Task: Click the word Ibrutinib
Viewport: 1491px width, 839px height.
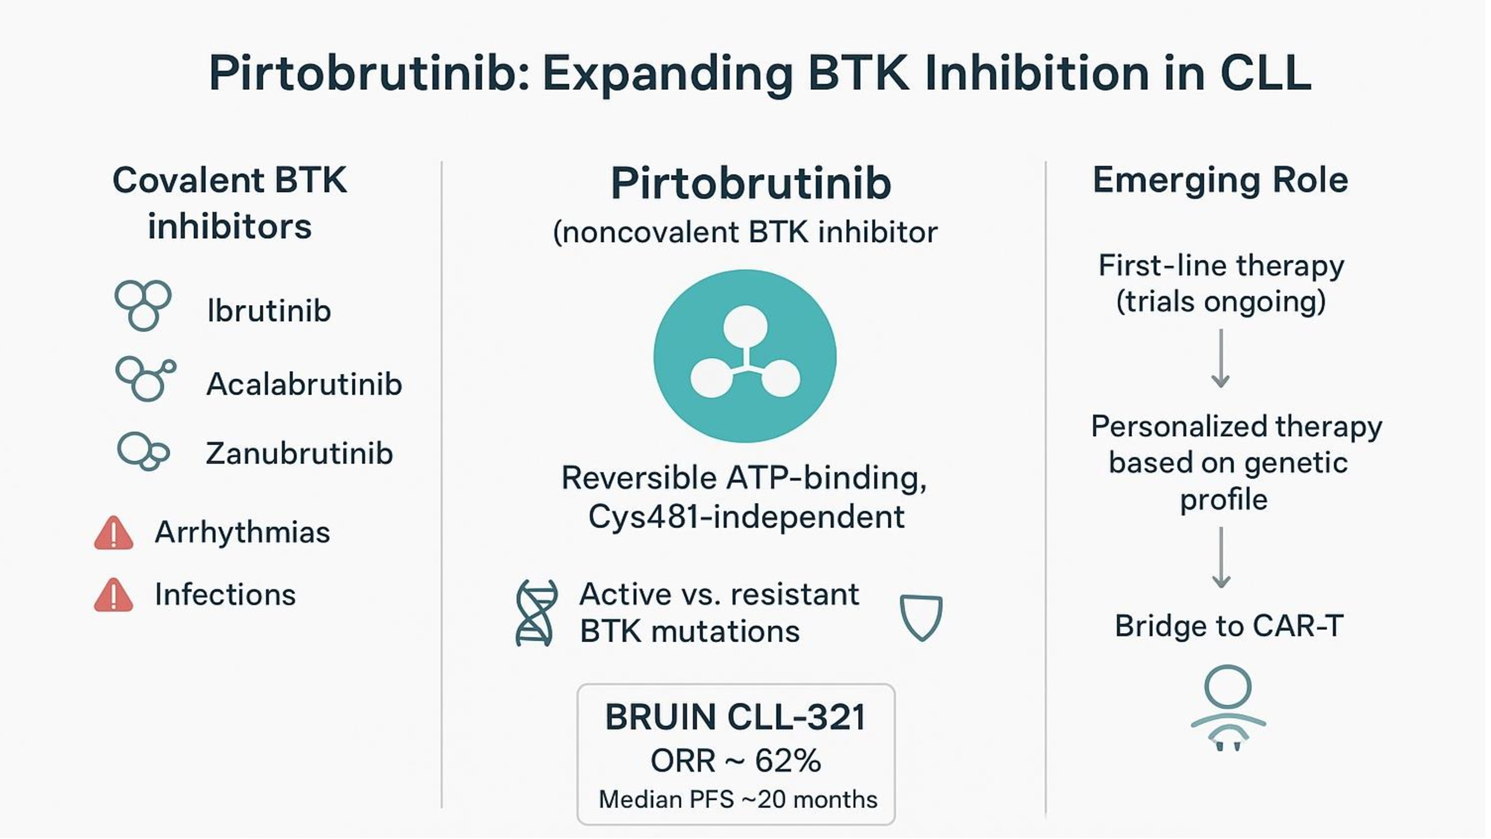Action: pyautogui.click(x=269, y=311)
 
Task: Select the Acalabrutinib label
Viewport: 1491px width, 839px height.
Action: pyautogui.click(x=304, y=384)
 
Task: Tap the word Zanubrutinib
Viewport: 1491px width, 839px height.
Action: pyautogui.click(x=299, y=453)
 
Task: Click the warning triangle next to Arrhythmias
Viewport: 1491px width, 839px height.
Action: pyautogui.click(x=113, y=533)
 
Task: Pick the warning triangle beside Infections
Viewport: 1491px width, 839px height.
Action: pyautogui.click(x=113, y=596)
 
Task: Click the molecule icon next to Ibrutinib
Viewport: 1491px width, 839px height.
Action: pyautogui.click(x=143, y=305)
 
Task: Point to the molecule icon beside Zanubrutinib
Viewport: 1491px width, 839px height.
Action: pyautogui.click(x=143, y=451)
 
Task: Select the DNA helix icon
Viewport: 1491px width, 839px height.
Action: pyautogui.click(x=536, y=612)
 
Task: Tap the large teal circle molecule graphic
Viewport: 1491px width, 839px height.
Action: pyautogui.click(x=745, y=356)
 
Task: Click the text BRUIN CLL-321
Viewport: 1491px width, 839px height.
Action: pyautogui.click(x=735, y=718)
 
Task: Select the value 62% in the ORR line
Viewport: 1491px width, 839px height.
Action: pyautogui.click(x=788, y=760)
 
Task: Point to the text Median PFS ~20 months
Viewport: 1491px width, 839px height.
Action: pyautogui.click(x=738, y=800)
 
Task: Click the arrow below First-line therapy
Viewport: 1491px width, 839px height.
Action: pyautogui.click(x=1221, y=359)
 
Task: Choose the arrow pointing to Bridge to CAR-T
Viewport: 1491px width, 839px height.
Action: pyautogui.click(x=1222, y=558)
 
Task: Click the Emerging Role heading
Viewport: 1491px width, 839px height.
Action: pyautogui.click(x=1220, y=180)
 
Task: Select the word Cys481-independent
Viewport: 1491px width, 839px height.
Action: pyautogui.click(x=746, y=516)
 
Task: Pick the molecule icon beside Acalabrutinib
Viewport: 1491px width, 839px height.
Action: pyautogui.click(x=145, y=379)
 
